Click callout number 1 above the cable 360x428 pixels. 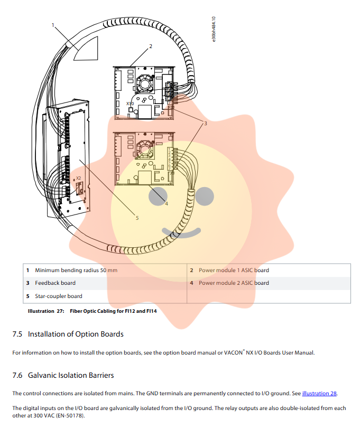pos(53,24)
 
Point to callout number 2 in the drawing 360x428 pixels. pos(150,46)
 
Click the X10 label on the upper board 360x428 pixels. pos(130,104)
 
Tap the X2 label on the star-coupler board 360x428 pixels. pos(78,179)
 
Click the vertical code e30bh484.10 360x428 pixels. pos(214,30)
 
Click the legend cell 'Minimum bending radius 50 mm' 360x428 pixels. pos(76,270)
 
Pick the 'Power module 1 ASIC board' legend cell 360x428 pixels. pos(234,270)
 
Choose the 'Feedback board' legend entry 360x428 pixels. pos(55,283)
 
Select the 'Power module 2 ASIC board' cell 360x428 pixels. pos(234,283)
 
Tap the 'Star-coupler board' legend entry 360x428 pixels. pos(59,296)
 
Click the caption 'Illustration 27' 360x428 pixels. pos(45,311)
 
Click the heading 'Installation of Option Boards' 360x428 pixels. pos(75,334)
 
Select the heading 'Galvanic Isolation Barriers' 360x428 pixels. pos(70,375)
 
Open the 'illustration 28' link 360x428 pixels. pos(319,393)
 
